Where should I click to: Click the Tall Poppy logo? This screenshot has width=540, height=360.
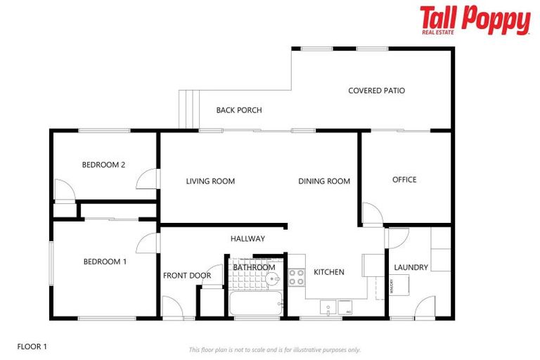point(475,20)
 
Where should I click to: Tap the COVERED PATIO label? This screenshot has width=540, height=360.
point(377,91)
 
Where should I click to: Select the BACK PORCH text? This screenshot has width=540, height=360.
point(239,110)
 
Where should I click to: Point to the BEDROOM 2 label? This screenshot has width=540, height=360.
point(103,165)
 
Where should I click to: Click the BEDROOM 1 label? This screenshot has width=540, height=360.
point(105,262)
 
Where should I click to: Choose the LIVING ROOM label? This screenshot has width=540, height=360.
point(210,181)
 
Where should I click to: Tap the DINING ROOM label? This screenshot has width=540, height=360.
point(324,181)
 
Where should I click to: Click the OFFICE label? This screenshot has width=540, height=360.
point(404,180)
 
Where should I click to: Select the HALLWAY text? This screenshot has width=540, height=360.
point(247,239)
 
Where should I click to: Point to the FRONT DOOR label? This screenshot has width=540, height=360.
point(187,276)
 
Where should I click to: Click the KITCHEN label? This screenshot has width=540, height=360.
point(329,272)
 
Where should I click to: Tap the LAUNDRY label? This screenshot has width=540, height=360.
point(411,268)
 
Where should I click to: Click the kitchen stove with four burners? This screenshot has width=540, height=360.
point(296,277)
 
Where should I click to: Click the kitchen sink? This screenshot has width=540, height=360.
point(328,307)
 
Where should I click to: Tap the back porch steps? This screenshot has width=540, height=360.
point(187,110)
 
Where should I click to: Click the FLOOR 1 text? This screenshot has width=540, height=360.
point(32,347)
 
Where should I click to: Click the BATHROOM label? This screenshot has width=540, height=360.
point(254,267)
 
